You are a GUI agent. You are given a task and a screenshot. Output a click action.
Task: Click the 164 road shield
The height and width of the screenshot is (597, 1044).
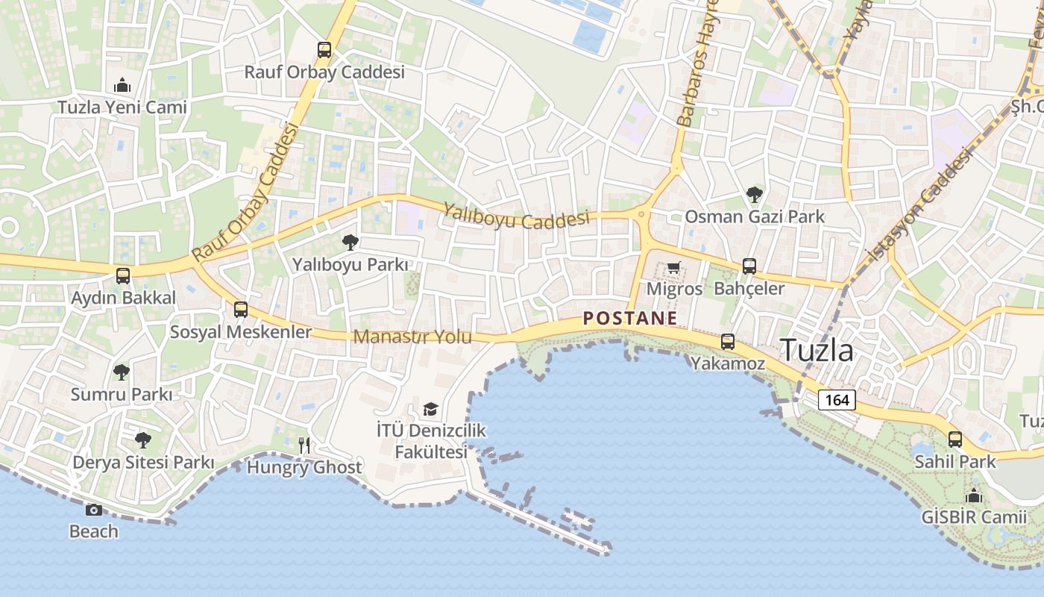837,400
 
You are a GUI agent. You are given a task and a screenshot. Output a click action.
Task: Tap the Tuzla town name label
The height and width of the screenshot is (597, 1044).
817,350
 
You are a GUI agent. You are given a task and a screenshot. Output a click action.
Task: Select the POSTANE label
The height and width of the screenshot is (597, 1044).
630,319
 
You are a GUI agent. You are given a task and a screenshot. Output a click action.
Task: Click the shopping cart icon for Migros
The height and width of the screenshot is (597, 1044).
673,267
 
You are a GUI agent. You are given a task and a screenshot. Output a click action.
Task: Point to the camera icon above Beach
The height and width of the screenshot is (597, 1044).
93,510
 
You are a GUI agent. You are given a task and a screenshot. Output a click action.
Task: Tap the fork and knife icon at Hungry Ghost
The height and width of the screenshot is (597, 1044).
304,446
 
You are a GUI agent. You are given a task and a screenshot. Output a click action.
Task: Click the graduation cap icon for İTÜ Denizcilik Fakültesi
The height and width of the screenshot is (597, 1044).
430,409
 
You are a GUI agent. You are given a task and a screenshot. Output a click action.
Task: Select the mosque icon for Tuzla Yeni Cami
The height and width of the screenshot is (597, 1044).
122,85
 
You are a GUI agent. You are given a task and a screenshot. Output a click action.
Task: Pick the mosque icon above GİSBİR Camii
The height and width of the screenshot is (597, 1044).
973,496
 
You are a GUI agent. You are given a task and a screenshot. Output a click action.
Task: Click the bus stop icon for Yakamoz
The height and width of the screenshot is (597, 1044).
727,342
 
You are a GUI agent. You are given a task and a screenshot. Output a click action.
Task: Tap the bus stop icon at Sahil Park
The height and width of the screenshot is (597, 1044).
955,440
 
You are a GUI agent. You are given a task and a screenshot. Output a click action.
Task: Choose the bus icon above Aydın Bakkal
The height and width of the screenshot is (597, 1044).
123,276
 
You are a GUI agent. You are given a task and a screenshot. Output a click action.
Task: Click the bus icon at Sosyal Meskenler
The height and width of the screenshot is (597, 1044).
240,310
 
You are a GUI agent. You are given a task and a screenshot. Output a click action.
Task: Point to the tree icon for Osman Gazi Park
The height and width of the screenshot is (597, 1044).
754,195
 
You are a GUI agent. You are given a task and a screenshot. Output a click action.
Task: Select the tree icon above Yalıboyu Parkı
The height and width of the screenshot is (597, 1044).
349,242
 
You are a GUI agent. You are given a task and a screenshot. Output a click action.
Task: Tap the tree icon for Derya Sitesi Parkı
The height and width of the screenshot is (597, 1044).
142,440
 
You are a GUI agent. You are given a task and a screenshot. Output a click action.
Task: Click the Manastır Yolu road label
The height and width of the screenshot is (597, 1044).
412,337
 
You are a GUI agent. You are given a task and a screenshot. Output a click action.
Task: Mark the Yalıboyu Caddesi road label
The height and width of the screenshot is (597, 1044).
516,216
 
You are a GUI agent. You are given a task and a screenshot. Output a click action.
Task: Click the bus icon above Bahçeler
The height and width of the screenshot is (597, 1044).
749,266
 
